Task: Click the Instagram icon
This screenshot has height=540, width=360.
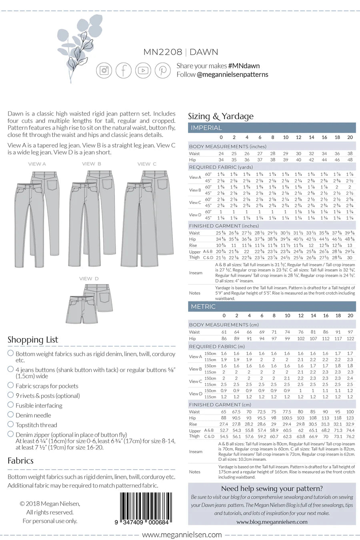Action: [104, 70]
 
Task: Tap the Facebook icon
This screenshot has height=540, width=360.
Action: [124, 70]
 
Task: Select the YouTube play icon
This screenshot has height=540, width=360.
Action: [143, 70]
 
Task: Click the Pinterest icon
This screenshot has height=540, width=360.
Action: [163, 70]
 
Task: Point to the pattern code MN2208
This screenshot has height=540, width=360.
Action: [163, 52]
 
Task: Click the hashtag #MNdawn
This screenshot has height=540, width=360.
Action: [244, 66]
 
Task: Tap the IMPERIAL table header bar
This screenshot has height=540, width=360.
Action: [272, 128]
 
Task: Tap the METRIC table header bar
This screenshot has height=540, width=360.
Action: [272, 306]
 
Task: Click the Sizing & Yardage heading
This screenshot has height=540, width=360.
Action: [221, 116]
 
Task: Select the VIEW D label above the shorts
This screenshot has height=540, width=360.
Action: [89, 278]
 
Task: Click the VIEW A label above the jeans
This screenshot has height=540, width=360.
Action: [37, 164]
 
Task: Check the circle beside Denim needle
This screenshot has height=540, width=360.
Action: [11, 414]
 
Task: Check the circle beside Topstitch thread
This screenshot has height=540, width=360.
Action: [11, 424]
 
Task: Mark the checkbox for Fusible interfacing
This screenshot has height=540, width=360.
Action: [11, 405]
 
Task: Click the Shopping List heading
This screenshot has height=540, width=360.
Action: [33, 340]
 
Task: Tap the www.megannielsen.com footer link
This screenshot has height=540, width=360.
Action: [182, 534]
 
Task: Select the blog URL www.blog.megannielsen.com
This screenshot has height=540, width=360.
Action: [272, 522]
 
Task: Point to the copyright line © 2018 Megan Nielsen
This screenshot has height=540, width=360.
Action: [50, 504]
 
